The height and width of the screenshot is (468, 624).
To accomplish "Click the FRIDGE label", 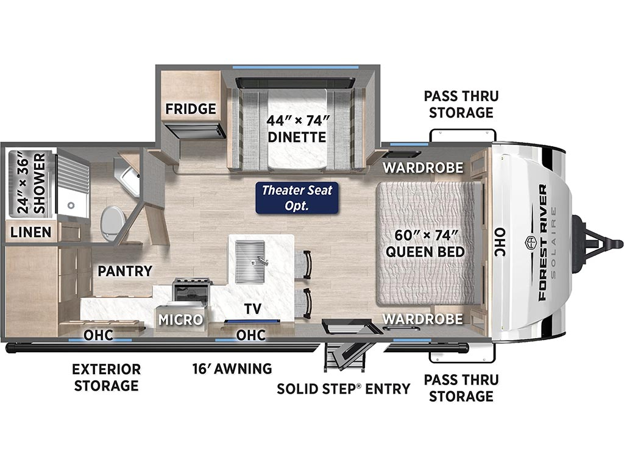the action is [191, 108].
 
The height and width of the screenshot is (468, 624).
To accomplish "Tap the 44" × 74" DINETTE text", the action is [297, 129].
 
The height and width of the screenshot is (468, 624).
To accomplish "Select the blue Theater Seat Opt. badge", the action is [297, 198].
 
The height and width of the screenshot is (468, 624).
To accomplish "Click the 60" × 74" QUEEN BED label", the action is [425, 243].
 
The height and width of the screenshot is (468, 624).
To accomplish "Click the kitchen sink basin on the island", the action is [249, 262].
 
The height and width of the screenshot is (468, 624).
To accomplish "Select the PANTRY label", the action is [125, 271].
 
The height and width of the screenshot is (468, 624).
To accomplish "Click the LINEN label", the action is [30, 232].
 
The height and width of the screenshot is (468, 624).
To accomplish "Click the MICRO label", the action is [180, 319].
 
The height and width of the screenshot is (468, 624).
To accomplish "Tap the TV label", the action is [253, 308].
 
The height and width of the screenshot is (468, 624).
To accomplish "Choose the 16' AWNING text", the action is [232, 369].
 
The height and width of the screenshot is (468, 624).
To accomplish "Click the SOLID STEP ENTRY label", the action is [344, 388].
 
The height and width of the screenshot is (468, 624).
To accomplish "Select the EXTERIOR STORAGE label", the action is [106, 377].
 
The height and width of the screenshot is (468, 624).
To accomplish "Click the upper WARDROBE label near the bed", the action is [423, 168].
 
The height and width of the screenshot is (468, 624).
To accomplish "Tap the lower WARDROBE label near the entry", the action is [423, 319].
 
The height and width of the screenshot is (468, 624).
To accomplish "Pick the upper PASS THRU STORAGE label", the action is [461, 104].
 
